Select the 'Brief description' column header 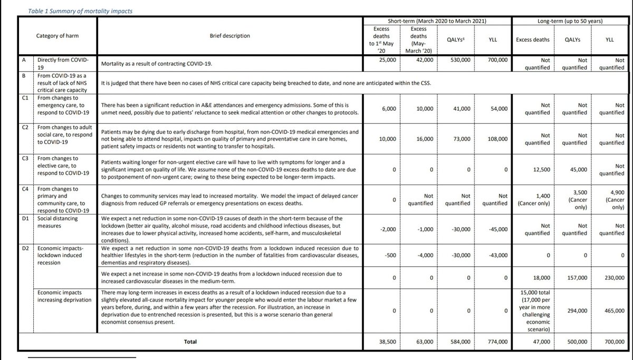[230, 36]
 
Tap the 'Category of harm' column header [54, 36]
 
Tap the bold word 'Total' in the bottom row [190, 342]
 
